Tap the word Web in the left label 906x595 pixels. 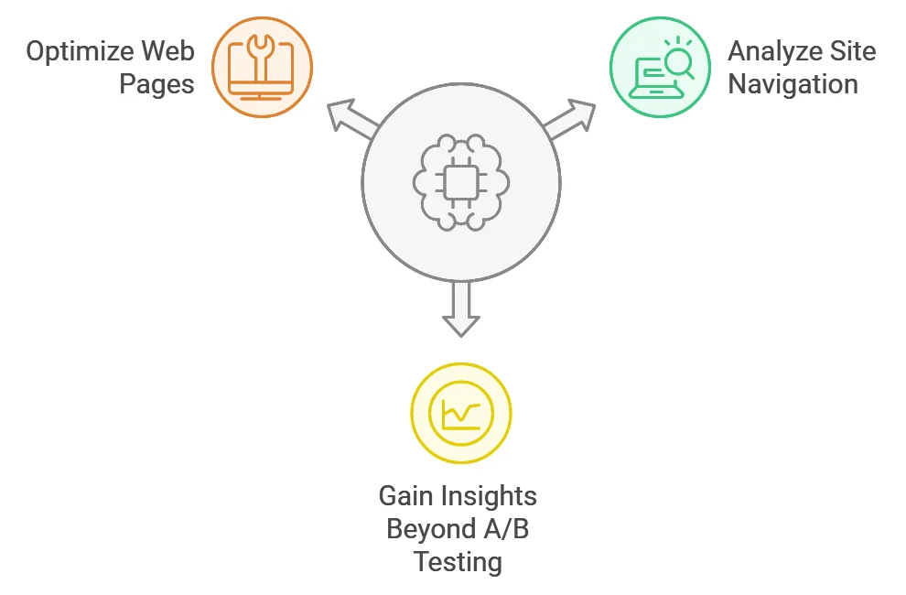[168, 51]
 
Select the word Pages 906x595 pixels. [156, 84]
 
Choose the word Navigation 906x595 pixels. [793, 84]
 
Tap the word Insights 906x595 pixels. [491, 497]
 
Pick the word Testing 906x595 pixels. [458, 561]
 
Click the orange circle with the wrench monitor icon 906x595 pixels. [262, 67]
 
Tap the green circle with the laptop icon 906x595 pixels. [659, 67]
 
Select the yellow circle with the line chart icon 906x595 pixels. [460, 414]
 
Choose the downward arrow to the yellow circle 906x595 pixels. [460, 309]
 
